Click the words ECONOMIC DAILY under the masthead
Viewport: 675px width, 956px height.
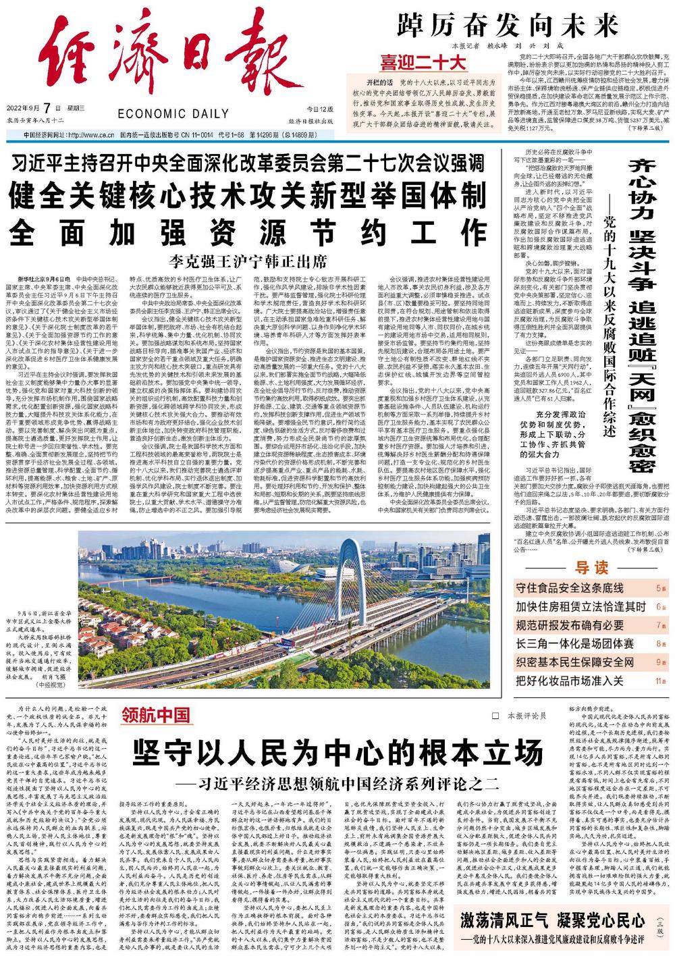pos(172,113)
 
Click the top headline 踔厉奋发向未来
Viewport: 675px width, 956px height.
pos(507,26)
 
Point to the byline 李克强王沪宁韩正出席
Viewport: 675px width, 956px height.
pos(247,260)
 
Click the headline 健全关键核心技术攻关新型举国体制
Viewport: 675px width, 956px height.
pos(247,196)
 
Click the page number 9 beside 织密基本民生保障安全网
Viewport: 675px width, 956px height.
pos(659,662)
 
